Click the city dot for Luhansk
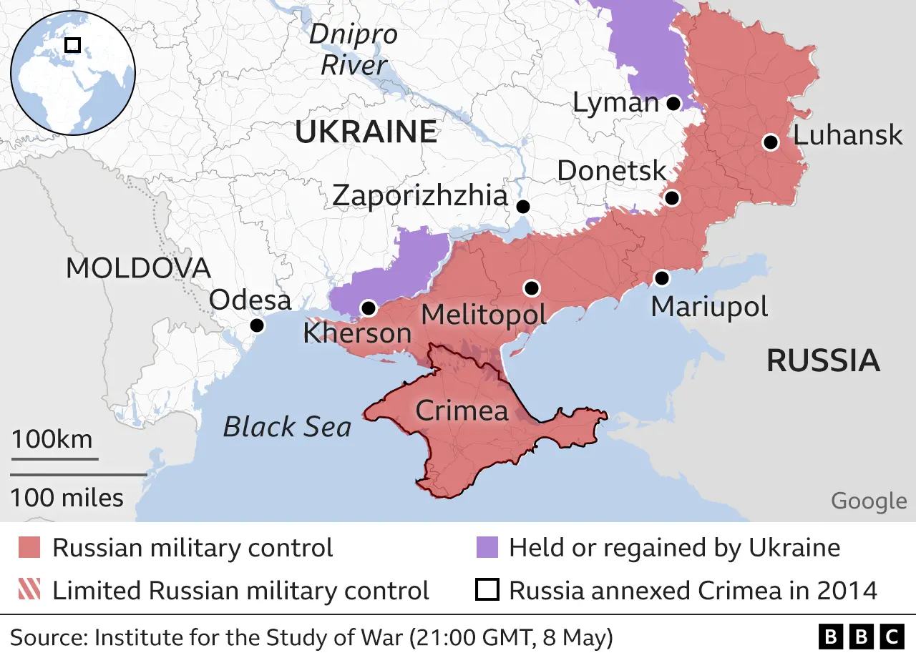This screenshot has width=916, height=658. click(770, 142)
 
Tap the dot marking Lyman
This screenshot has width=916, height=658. click(673, 104)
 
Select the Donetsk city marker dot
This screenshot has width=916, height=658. click(671, 198)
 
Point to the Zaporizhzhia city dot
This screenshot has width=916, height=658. click(523, 207)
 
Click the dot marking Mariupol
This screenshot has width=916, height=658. click(661, 278)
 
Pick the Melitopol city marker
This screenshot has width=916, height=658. click(531, 288)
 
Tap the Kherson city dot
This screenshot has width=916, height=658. click(369, 308)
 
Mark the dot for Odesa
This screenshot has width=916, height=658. click(257, 325)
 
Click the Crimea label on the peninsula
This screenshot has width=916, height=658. click(462, 411)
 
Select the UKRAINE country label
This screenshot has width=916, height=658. click(366, 132)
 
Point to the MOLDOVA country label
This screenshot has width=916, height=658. click(138, 268)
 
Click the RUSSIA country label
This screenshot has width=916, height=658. click(823, 360)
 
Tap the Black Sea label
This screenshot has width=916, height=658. click(287, 427)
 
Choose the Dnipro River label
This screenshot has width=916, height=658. click(354, 50)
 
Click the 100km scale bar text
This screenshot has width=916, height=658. click(52, 438)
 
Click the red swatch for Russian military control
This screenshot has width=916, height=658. click(30, 549)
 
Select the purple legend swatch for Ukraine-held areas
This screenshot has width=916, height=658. click(487, 549)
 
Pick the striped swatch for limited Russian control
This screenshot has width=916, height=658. click(30, 591)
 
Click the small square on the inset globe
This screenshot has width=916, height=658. click(72, 45)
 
